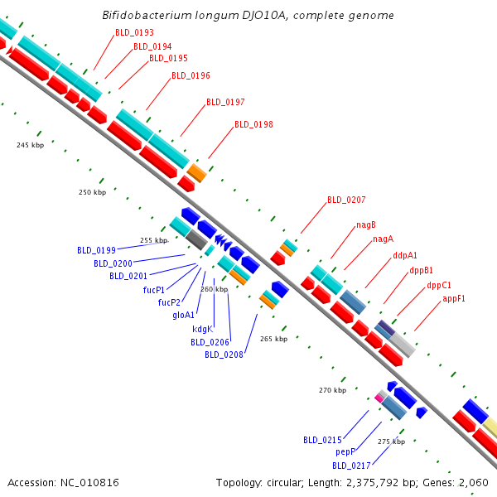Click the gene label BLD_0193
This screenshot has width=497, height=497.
pyautogui.click(x=134, y=32)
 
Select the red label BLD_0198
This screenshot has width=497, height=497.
pyautogui.click(x=253, y=124)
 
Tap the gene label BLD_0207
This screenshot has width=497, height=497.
pyautogui.click(x=346, y=200)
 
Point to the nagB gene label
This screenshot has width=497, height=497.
pyautogui.click(x=366, y=224)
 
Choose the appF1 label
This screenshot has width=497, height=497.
pyautogui.click(x=454, y=298)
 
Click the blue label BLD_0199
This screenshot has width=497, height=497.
pyautogui.click(x=96, y=249)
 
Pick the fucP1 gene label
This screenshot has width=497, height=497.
pyautogui.click(x=153, y=290)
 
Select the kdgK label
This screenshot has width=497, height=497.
pyautogui.click(x=203, y=329)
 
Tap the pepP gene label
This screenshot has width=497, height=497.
pyautogui.click(x=345, y=452)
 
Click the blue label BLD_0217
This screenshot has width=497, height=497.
pyautogui.click(x=351, y=466)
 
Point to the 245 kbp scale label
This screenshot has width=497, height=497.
pyautogui.click(x=30, y=145)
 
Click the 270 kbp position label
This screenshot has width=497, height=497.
pyautogui.click(x=332, y=389)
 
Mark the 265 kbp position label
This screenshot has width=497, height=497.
pyautogui.click(x=273, y=339)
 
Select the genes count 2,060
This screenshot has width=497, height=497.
pyautogui.click(x=473, y=482)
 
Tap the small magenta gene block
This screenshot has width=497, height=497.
pyautogui.click(x=379, y=398)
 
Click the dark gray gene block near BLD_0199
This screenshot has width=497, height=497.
pyautogui.click(x=195, y=240)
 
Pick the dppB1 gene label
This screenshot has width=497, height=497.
pyautogui.click(x=421, y=270)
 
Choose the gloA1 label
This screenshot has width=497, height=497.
pyautogui.click(x=184, y=315)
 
